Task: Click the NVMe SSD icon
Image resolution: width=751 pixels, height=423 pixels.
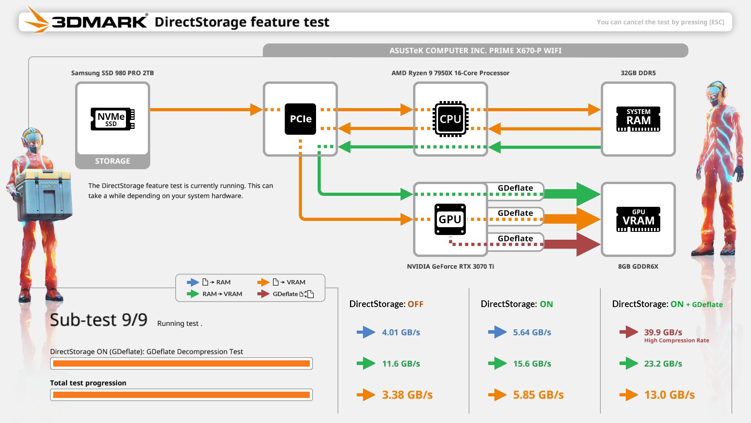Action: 113,119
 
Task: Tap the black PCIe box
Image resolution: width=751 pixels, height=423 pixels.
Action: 300,119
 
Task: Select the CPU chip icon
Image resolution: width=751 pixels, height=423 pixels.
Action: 450,119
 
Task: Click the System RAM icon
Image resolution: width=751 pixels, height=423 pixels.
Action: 638,119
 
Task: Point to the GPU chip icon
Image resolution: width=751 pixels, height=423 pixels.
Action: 450,219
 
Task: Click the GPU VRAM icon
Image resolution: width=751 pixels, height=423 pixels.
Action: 638,219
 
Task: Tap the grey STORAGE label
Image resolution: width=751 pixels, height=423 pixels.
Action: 113,161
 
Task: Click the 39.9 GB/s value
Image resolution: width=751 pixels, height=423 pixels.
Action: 663,332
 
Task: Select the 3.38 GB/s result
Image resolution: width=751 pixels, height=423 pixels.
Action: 407,395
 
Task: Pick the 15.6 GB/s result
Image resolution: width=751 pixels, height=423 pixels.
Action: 532,363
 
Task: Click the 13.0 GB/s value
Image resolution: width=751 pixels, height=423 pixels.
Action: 669,395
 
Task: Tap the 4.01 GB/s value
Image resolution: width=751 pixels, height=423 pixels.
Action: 401,332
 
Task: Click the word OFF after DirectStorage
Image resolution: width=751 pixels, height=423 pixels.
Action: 415,304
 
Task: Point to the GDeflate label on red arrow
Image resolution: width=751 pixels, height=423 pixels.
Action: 515,239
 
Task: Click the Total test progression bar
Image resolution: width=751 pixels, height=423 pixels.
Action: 181,395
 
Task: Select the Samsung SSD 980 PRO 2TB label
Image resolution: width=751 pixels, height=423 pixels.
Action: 113,73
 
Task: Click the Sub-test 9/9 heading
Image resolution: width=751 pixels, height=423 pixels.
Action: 99,320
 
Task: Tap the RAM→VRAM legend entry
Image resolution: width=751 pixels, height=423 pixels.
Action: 222,294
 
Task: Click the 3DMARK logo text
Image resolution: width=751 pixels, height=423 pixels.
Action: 99,22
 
